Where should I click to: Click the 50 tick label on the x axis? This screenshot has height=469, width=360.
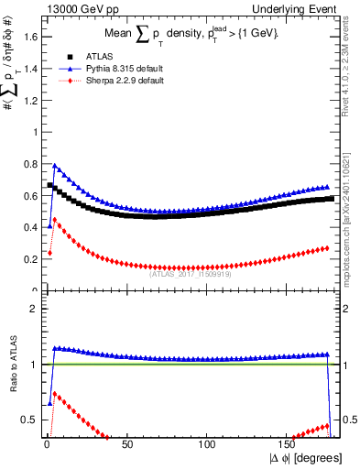tap(127, 443)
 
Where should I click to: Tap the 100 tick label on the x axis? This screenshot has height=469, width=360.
tap(208, 443)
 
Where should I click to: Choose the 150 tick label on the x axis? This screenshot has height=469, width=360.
tap(289, 443)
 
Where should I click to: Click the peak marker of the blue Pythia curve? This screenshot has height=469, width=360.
tap(55, 166)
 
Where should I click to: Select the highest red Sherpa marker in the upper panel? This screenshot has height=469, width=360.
tap(55, 219)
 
